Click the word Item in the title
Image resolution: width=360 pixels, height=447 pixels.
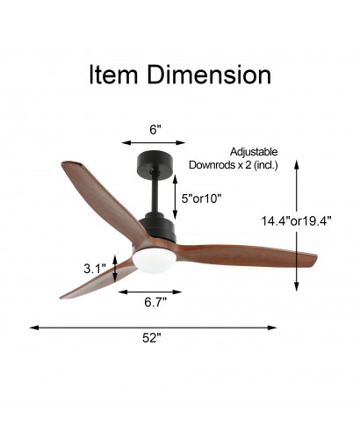[x=113, y=75]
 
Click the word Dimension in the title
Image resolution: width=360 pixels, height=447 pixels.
[x=209, y=75]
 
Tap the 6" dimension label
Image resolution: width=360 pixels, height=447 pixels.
[x=155, y=130]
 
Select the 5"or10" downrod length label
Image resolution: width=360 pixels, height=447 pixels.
[x=201, y=199]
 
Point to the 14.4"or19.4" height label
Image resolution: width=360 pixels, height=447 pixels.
[x=296, y=221]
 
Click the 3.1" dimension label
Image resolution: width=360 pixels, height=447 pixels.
[x=94, y=269]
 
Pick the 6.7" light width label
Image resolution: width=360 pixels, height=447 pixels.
[x=155, y=302]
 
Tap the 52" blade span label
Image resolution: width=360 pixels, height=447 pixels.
[x=152, y=338]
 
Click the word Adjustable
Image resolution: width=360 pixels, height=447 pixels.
[x=254, y=152]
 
